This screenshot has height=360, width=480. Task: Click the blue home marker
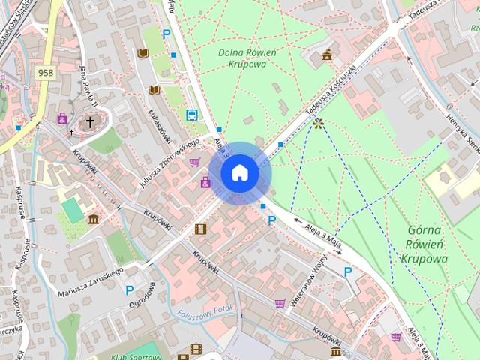click(x=240, y=173)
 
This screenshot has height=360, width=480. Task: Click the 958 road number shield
click(x=46, y=73)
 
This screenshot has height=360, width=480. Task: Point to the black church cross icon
click(x=91, y=121)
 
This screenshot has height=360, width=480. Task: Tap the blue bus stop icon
click(x=192, y=115)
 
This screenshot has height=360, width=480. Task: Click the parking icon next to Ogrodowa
click(x=130, y=290)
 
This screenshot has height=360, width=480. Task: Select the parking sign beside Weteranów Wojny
click(x=347, y=271)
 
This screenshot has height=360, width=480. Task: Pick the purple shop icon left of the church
click(x=62, y=118)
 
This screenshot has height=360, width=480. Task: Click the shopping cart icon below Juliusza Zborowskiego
click(x=195, y=162)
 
